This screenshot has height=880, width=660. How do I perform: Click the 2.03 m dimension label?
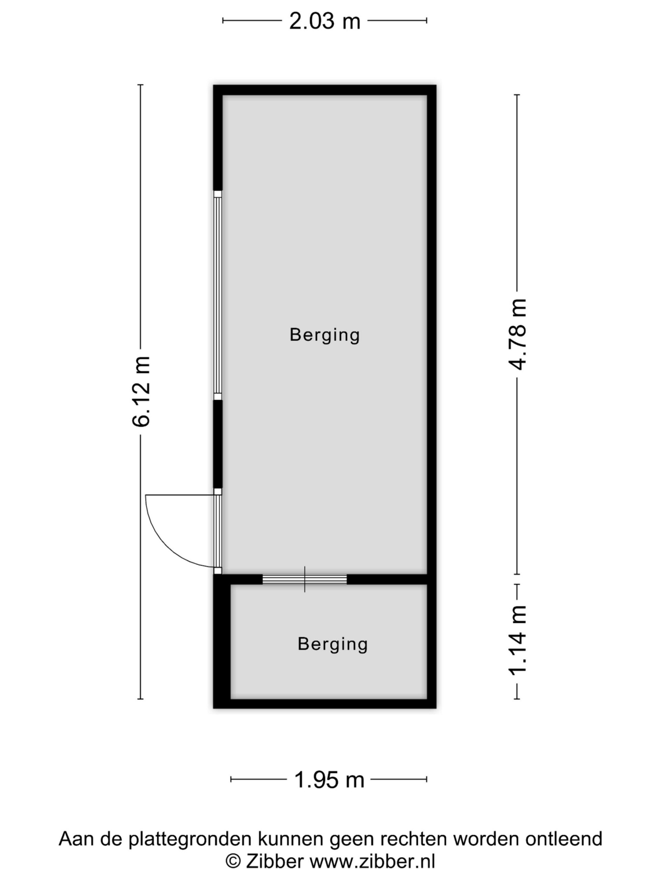pyautogui.click(x=324, y=21)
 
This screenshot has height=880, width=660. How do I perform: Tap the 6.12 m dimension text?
pyautogui.click(x=142, y=392)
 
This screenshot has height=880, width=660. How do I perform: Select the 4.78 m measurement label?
pyautogui.click(x=518, y=334)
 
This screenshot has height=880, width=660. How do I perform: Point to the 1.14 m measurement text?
pyautogui.click(x=518, y=640)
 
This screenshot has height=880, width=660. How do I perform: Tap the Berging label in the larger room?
pyautogui.click(x=324, y=335)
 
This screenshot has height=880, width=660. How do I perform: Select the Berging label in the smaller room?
pyautogui.click(x=333, y=644)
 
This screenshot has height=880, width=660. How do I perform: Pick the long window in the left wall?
pyautogui.click(x=218, y=295)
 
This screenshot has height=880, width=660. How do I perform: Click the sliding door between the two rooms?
pyautogui.click(x=305, y=579)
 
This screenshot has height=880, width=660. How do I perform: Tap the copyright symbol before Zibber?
pyautogui.click(x=233, y=861)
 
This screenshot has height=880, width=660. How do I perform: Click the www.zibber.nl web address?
pyautogui.click(x=372, y=861)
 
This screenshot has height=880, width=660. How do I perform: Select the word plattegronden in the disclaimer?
pyautogui.click(x=190, y=839)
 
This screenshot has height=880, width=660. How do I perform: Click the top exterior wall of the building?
pyautogui.click(x=324, y=90)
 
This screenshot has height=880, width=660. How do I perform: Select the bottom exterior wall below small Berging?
pyautogui.click(x=324, y=704)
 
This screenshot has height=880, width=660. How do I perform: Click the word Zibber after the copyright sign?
pyautogui.click(x=275, y=861)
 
